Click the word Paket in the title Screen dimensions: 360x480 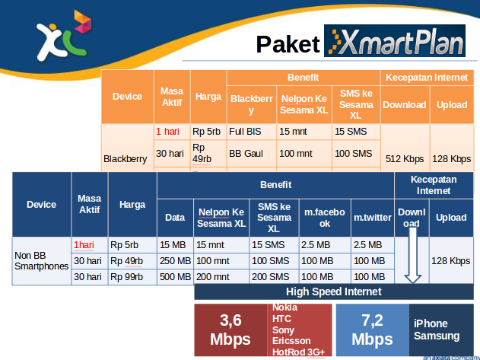click(286, 44)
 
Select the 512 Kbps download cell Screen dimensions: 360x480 click(405, 159)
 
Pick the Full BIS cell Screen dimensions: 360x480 click(245, 132)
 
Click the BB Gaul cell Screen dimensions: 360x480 click(246, 154)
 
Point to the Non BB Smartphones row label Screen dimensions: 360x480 click(41, 261)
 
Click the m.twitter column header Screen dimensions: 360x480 click(372, 218)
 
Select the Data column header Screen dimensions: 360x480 click(175, 218)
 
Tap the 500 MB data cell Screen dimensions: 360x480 click(175, 277)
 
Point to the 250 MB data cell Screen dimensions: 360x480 click(175, 261)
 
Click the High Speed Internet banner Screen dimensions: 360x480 click(333, 292)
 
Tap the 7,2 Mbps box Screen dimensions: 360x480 click(372, 330)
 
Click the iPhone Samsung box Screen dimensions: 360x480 click(437, 330)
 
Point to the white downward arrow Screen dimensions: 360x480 click(412, 259)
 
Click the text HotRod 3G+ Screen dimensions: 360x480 click(298, 352)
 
